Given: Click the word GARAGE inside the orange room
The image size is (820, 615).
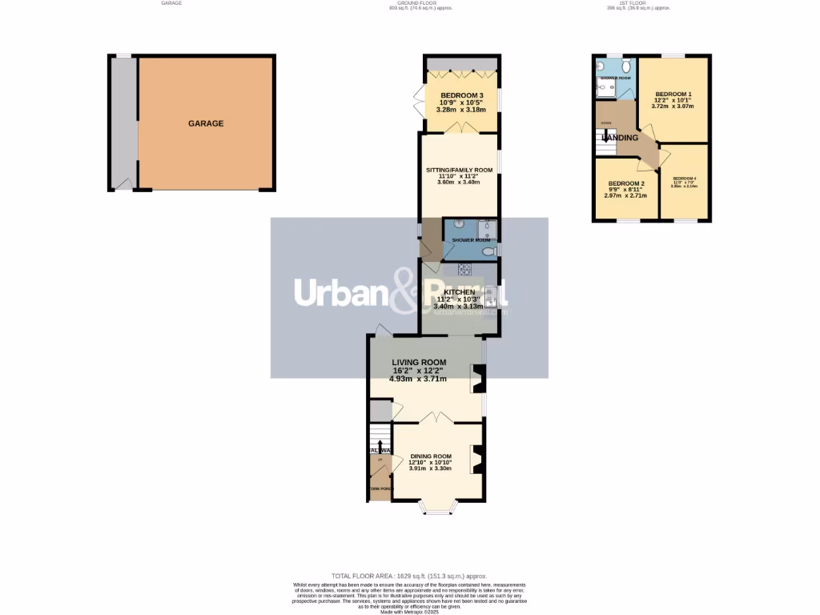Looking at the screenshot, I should click(x=206, y=124).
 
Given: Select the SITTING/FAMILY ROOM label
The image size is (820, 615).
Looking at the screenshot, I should click(x=459, y=170).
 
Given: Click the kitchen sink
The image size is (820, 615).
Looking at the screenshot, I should click(x=490, y=296).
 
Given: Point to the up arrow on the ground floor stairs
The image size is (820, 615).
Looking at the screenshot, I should click(x=380, y=445).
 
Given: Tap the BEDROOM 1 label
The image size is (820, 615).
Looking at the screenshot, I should click(x=672, y=94).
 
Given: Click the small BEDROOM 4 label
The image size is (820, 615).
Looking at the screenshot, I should click(x=685, y=178).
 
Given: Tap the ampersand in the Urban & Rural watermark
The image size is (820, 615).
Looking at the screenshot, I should click(x=405, y=292).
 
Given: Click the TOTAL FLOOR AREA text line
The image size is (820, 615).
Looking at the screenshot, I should click(x=409, y=576).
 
